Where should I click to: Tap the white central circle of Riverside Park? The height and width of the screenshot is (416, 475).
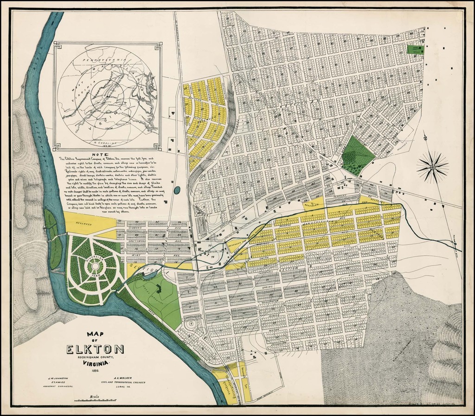click(x=95, y=266)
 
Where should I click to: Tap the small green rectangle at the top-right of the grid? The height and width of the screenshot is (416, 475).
click(x=416, y=48)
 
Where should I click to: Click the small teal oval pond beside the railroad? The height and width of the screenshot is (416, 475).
click(x=177, y=189)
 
